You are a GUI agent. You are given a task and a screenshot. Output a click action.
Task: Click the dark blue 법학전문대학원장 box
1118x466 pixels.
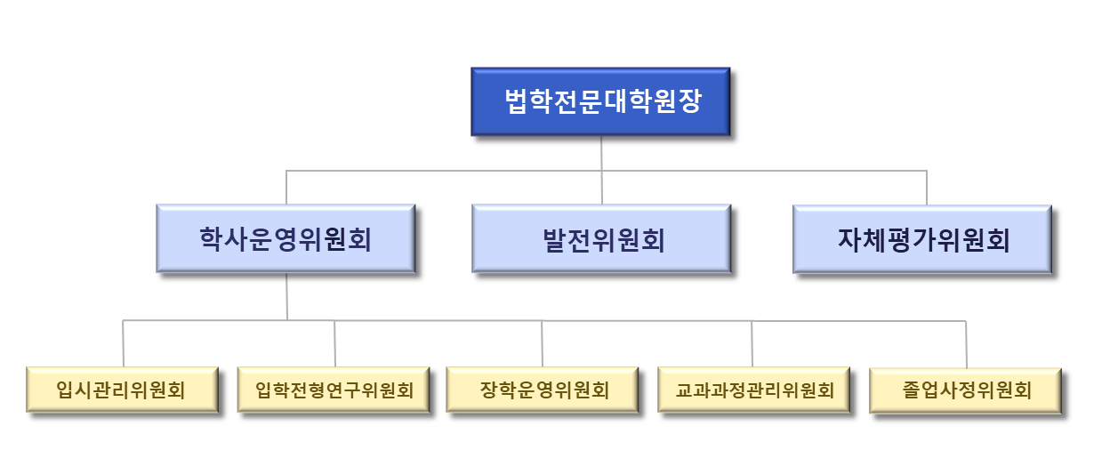[x=600, y=101]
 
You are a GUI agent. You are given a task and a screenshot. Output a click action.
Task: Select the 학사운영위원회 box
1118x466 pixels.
[x=286, y=238]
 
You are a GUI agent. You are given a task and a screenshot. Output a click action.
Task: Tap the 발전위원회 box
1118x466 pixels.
[x=600, y=238]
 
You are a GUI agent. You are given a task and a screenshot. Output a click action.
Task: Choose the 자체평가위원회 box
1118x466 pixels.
[x=922, y=238]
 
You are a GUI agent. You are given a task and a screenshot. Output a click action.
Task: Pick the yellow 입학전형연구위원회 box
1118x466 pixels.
[x=334, y=390]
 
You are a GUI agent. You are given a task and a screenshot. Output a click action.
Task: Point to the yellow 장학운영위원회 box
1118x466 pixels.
[x=543, y=390]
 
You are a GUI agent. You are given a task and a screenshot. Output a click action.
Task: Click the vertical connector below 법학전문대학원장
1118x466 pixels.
[x=601, y=153]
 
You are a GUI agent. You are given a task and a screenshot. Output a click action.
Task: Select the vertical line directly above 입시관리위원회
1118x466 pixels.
[x=123, y=342]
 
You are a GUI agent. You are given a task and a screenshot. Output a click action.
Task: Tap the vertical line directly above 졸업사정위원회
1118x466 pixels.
[x=966, y=342]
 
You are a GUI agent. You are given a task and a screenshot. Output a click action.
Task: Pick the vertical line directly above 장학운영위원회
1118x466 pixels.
[x=543, y=342]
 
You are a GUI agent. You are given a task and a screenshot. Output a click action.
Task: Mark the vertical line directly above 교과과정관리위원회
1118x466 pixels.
[x=752, y=342]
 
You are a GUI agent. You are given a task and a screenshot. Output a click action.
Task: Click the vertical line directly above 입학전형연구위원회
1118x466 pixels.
[x=334, y=342]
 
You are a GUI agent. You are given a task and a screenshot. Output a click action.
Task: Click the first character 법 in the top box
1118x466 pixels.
[x=517, y=100]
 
